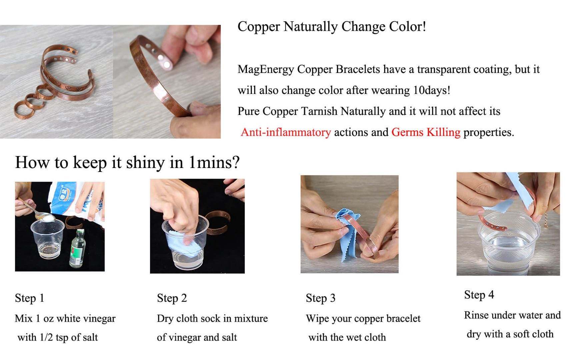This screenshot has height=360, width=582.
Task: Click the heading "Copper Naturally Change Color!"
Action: [331, 27]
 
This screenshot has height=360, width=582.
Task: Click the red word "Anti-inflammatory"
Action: [286, 132]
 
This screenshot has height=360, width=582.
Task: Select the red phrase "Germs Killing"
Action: [426, 132]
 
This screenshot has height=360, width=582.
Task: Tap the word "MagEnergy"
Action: [266, 69]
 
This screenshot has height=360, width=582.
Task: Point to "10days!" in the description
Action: [432, 90]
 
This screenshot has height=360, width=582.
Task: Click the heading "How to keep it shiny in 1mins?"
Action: [127, 162]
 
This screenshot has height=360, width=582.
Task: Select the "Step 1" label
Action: [29, 298]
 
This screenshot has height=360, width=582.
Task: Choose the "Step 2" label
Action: [172, 298]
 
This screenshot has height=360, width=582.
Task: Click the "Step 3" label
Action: [320, 298]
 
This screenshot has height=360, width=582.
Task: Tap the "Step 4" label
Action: [479, 295]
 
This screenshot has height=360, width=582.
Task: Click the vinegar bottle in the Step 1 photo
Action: [78, 248]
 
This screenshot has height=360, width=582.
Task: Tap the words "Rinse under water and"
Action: [512, 315]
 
